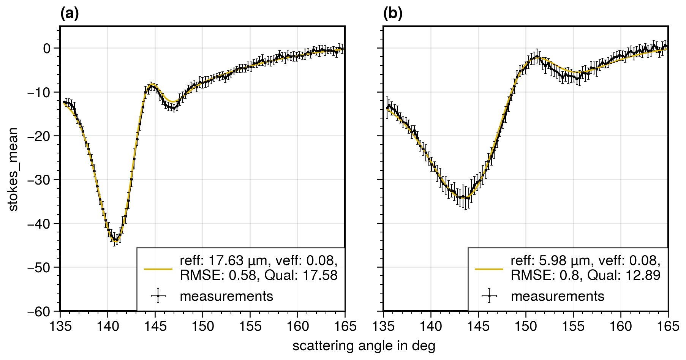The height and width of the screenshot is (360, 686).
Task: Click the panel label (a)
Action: pos(70,14)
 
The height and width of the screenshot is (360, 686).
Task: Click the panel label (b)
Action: pos(393,14)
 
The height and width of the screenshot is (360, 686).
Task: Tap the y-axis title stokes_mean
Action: pos(13,169)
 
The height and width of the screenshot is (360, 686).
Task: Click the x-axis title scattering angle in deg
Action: pos(364,346)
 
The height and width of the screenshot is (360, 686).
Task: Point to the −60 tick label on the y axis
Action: pos(39,311)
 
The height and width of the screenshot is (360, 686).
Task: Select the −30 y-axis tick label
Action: pos(39,180)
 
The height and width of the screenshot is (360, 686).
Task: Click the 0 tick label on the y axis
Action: pos(47,48)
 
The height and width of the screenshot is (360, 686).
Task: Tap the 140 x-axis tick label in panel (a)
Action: pos(107,326)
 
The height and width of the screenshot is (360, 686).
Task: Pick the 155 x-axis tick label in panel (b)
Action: pos(573,326)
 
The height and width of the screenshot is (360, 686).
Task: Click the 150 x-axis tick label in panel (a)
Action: pos(202,326)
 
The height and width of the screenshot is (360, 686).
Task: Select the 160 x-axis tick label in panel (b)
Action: pos(621,326)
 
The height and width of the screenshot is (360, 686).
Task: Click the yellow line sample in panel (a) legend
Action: pos(158,269)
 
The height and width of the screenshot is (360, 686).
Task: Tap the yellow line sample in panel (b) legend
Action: pos(489,269)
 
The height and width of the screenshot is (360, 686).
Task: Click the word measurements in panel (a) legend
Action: pos(226,296)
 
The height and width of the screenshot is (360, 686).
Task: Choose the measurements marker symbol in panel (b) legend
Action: pos(489,296)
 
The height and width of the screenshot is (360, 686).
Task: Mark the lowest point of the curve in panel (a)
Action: pos(115,241)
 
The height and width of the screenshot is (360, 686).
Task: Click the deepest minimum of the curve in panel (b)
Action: pos(465,198)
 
